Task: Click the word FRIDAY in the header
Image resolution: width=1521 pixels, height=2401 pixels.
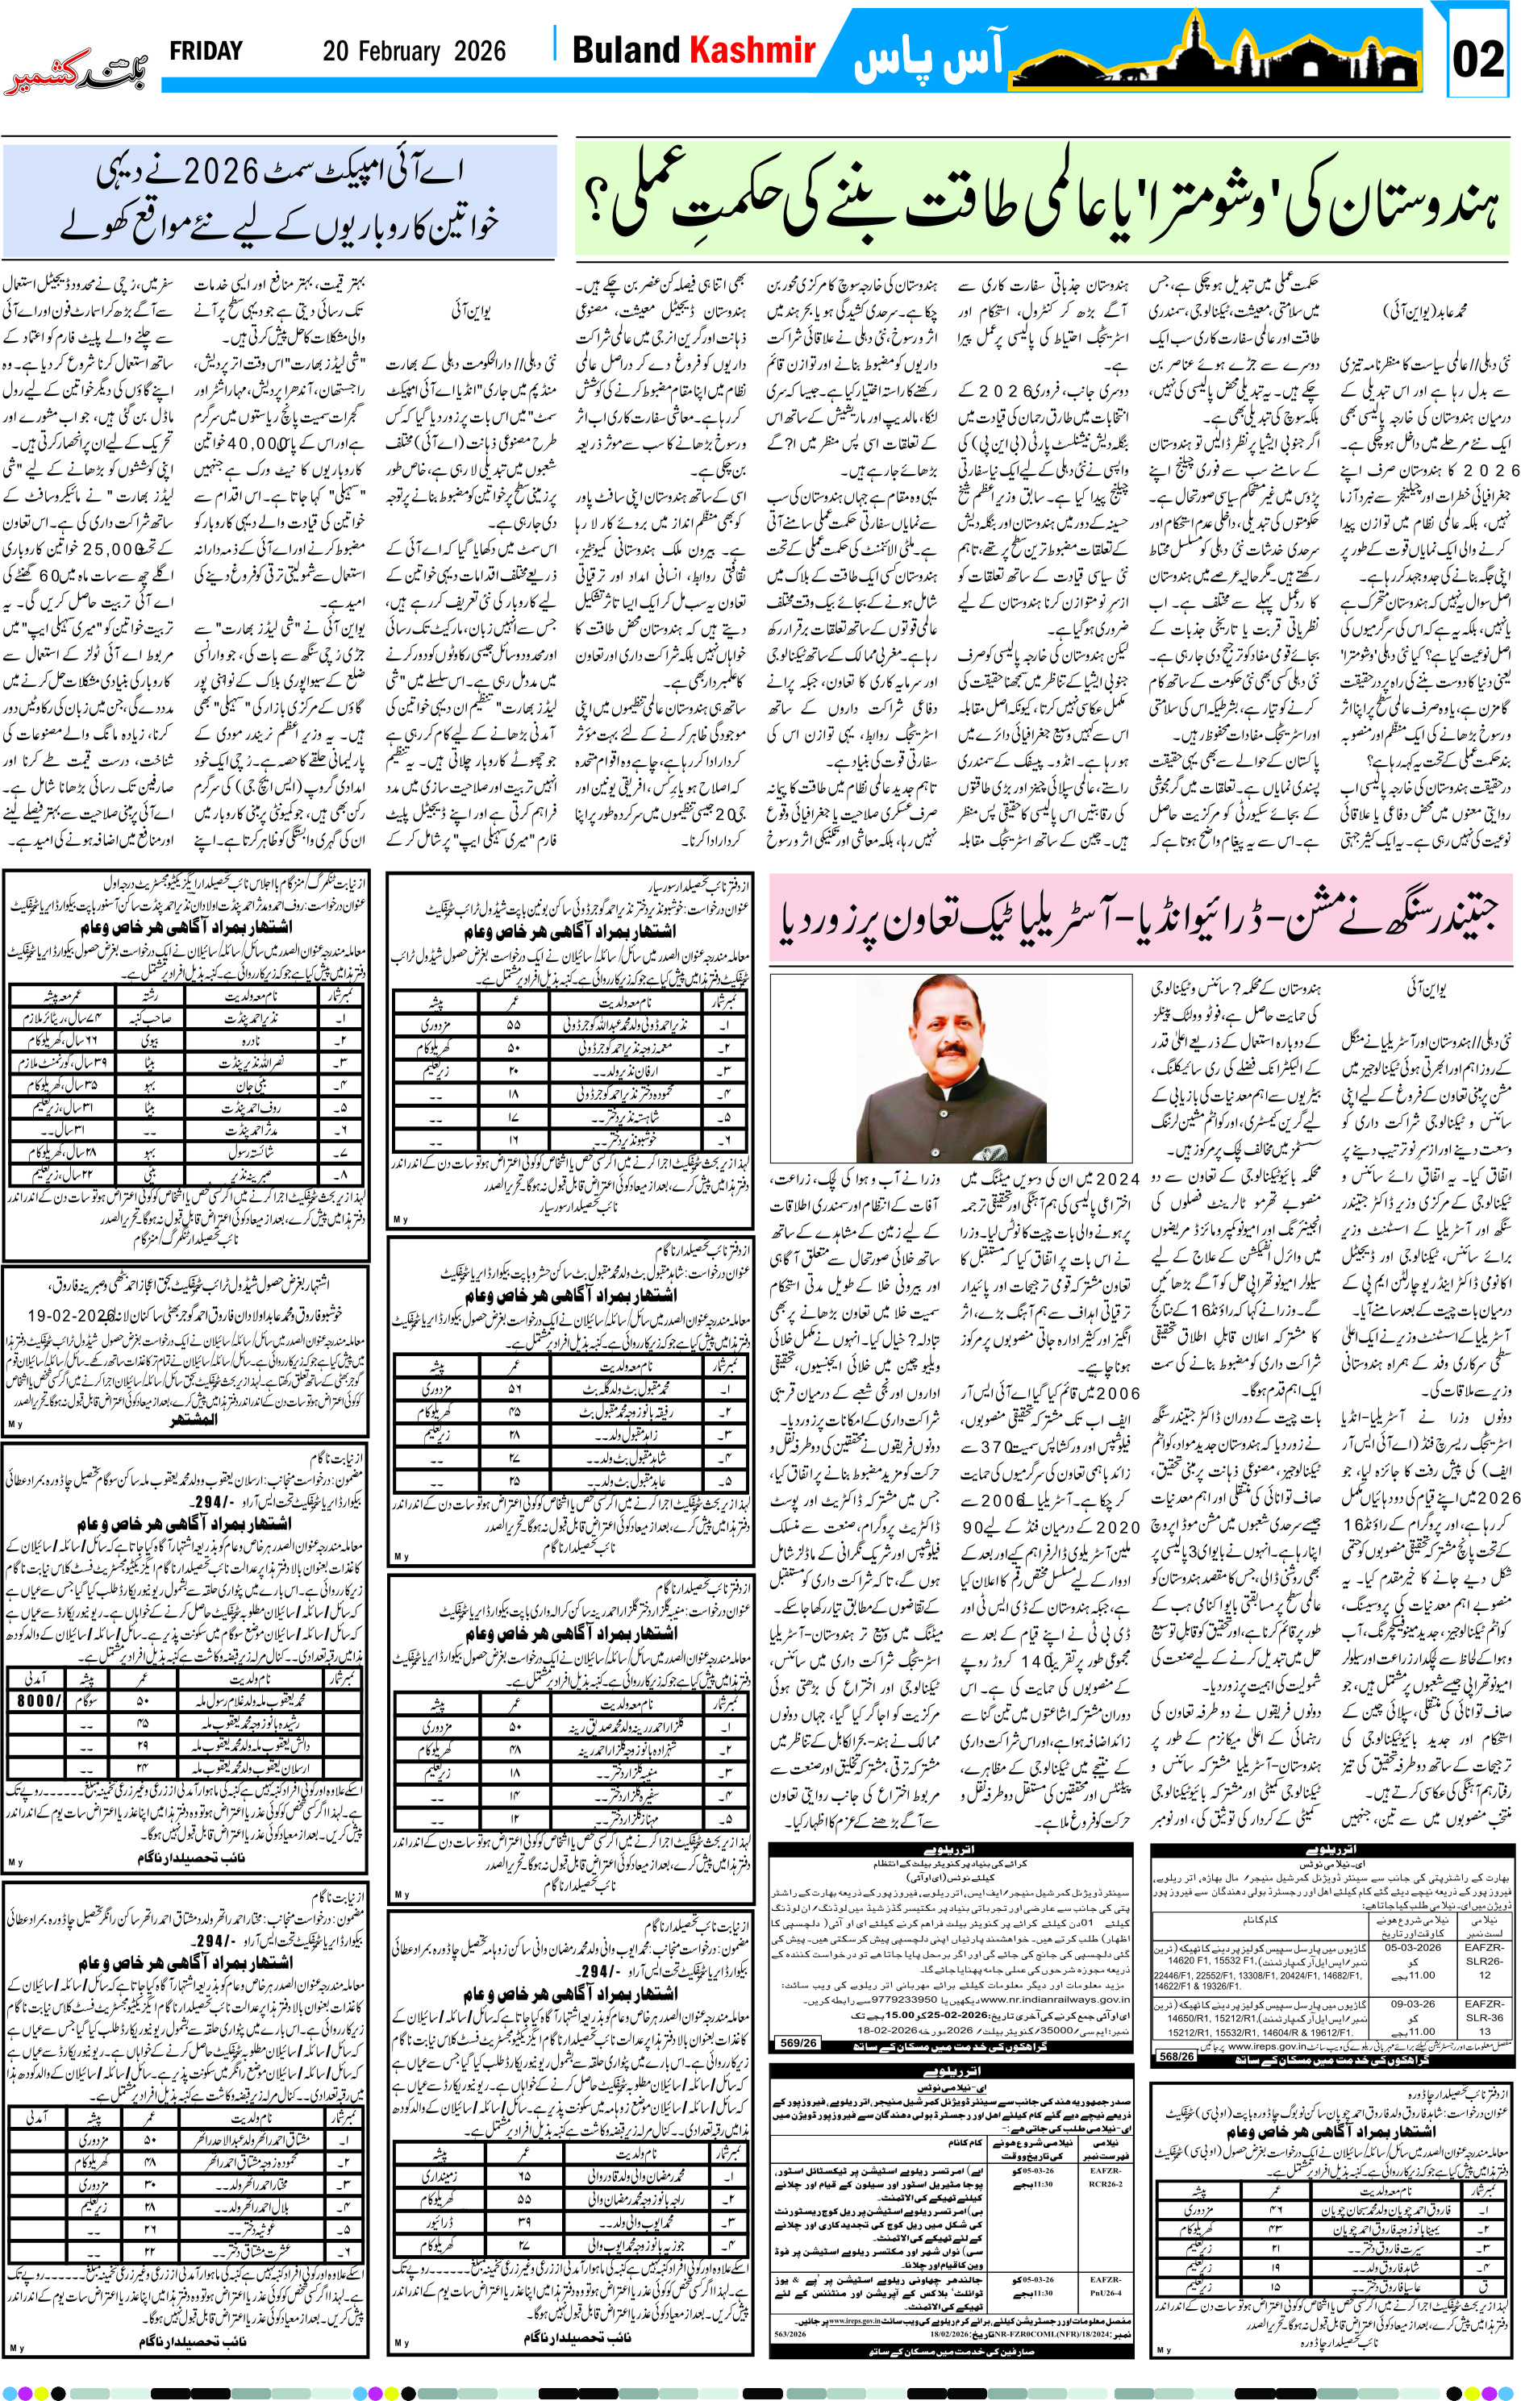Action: [206, 51]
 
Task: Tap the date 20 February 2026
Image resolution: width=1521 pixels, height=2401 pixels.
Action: [414, 52]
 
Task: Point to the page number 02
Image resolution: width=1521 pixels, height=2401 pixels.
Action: [1477, 59]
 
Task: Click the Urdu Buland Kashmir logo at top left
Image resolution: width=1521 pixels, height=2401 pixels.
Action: [77, 77]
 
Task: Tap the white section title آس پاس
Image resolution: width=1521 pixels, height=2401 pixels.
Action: [927, 58]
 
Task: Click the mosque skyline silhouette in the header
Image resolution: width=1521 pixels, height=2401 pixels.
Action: [1217, 55]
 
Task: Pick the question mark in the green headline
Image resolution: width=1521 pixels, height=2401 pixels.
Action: [602, 202]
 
